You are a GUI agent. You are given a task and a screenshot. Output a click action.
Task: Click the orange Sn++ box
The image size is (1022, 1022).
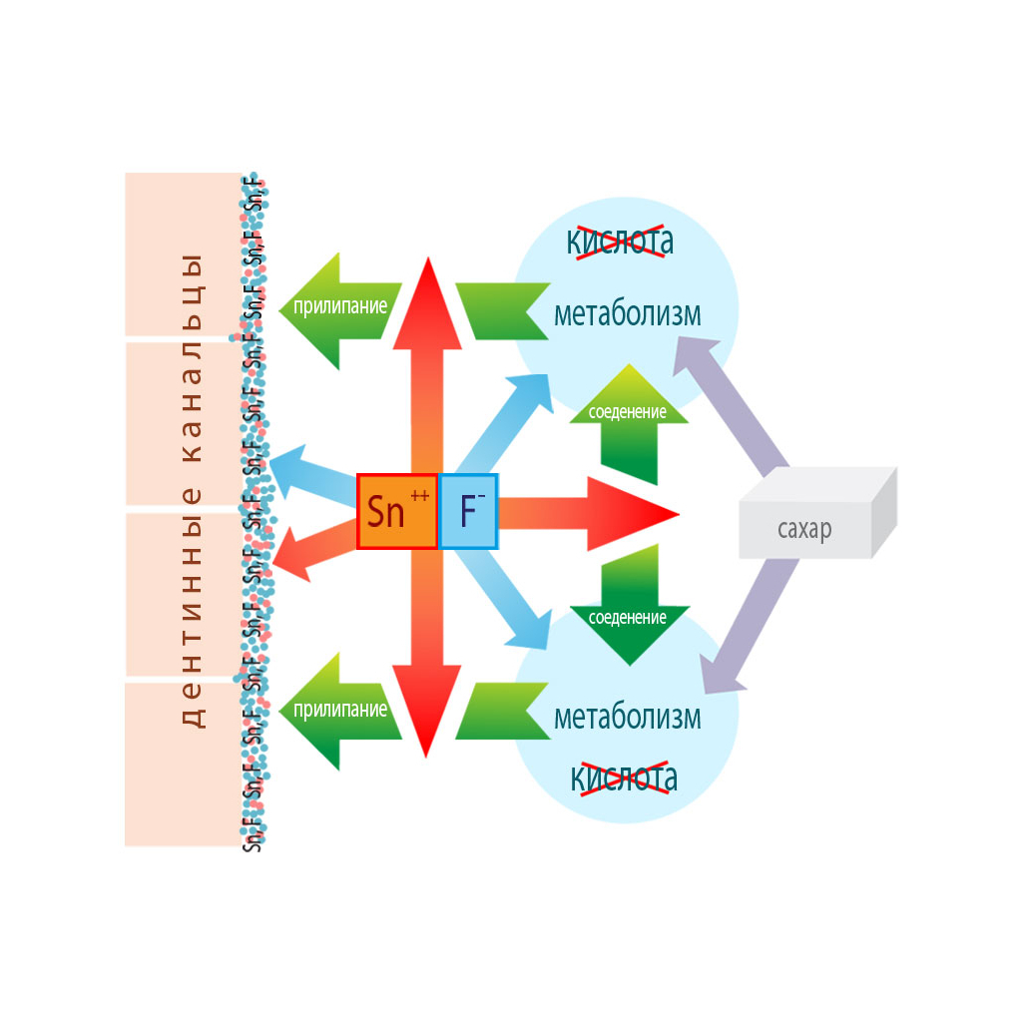click(x=397, y=511)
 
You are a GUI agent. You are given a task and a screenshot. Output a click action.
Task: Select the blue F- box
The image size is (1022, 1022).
click(x=468, y=511)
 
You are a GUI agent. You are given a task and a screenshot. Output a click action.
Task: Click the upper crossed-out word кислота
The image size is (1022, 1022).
click(x=620, y=241)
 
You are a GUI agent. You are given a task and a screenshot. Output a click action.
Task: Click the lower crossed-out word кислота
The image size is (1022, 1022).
click(x=624, y=776)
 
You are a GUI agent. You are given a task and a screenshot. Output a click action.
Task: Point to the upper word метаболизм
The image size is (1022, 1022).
click(x=627, y=314)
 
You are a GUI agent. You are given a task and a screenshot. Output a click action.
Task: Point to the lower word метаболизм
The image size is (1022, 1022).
click(x=627, y=717)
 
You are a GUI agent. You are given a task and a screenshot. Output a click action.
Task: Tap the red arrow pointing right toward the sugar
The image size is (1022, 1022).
click(x=589, y=513)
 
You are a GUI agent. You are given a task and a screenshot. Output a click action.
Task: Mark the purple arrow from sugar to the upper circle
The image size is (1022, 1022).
click(x=734, y=404)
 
